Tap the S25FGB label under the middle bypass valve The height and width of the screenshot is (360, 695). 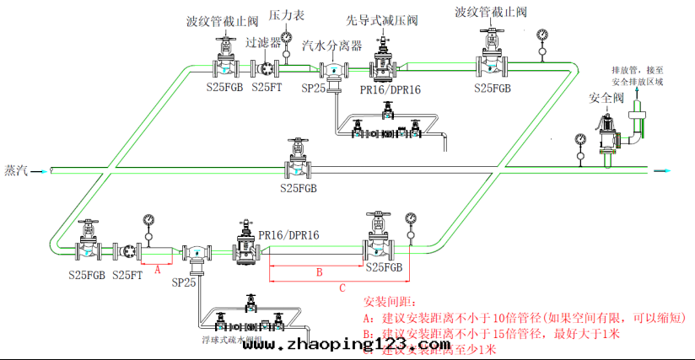pos(299,188)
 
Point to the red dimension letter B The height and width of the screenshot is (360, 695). pos(319,272)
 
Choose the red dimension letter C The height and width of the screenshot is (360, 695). pos(341,288)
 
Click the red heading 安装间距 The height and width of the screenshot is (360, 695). pos(389,301)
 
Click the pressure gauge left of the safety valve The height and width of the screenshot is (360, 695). pos(580,140)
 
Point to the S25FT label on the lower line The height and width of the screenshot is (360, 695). pos(128,275)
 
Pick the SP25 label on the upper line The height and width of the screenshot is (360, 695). pos(313,89)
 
